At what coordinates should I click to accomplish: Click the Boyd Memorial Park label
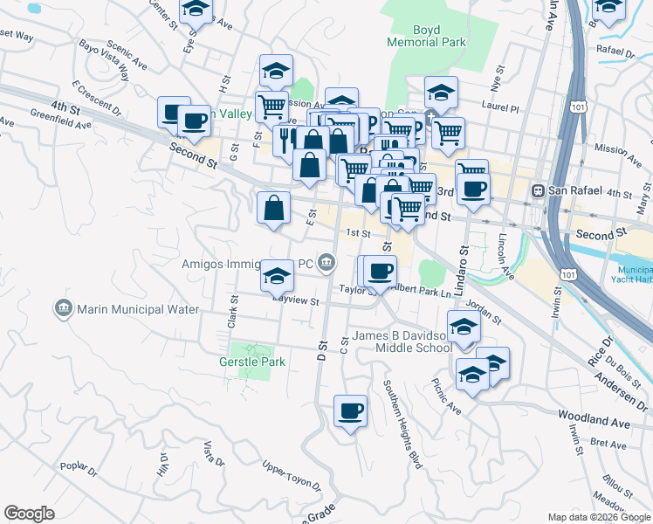(427, 35)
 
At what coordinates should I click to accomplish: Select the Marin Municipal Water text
(138, 309)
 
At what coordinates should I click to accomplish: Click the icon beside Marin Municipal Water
(64, 309)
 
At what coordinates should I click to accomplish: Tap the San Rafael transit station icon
(540, 190)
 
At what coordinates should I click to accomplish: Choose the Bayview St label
(295, 300)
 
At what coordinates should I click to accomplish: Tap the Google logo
(30, 514)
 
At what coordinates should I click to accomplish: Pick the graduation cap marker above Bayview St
(277, 276)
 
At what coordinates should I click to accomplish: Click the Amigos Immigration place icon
(326, 261)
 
